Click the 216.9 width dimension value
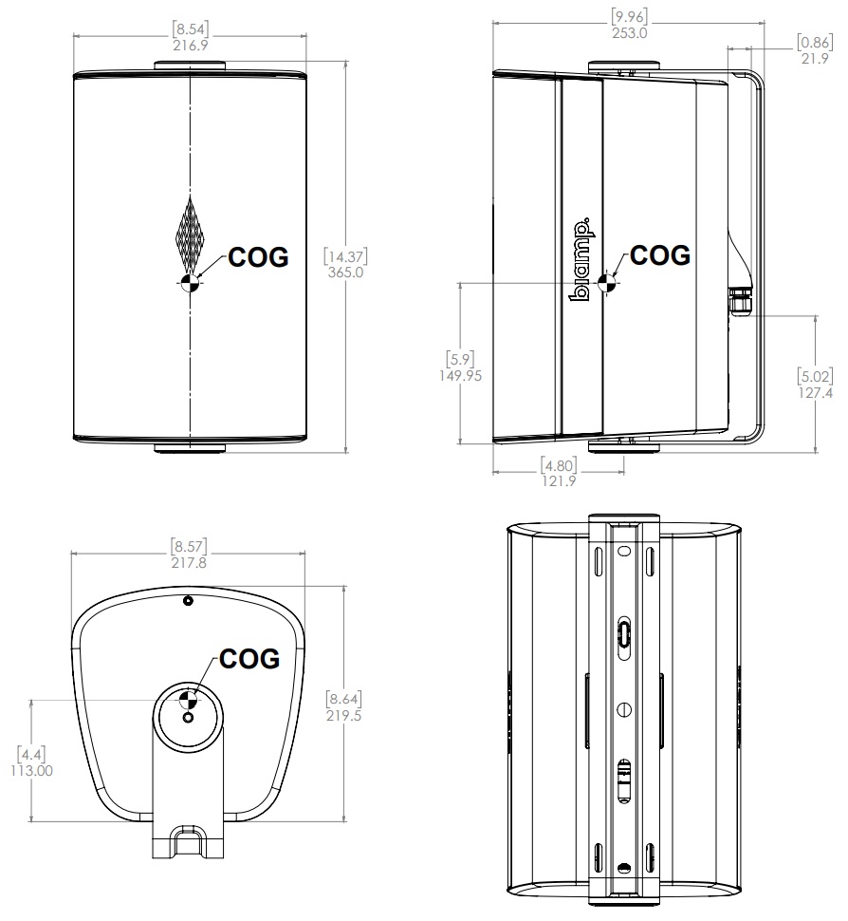(191, 45)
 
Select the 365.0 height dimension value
(344, 272)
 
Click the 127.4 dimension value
(816, 392)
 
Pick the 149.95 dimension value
(460, 375)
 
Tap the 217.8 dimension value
(188, 562)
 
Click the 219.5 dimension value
(343, 716)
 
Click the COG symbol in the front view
(190, 281)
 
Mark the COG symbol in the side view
(608, 281)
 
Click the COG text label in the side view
(661, 254)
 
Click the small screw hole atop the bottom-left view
(188, 600)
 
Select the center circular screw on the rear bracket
(624, 708)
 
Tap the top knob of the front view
(190, 66)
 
